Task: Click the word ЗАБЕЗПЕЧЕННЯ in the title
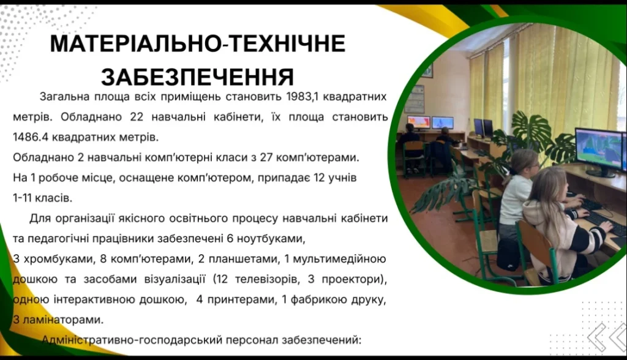coord(197,77)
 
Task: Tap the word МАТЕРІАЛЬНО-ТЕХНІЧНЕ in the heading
coord(198,43)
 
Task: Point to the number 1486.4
coord(29,137)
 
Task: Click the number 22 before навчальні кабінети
coord(137,117)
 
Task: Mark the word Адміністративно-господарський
coord(132,340)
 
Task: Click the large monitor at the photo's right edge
coord(598,152)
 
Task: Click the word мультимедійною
coord(339,259)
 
